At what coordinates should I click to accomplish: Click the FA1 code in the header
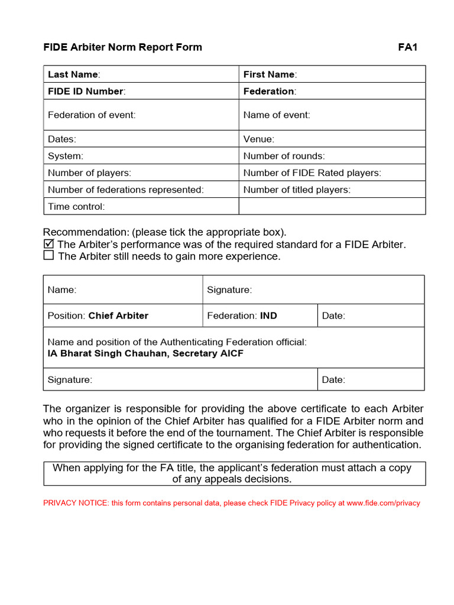pos(408,47)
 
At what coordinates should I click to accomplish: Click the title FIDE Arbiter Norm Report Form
pos(122,47)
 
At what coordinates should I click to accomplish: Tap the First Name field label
pos(270,74)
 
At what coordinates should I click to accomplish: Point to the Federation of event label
pos(92,115)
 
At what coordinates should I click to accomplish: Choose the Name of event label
pos(276,115)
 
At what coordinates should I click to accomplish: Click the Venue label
pos(258,139)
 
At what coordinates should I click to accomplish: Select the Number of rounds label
pos(284,157)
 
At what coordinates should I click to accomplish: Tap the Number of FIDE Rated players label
pos(312,173)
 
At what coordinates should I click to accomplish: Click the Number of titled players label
pos(297,190)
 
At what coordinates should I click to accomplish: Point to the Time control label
pos(76,207)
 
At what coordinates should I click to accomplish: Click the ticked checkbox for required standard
pos(49,244)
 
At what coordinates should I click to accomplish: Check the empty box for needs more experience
pos(48,256)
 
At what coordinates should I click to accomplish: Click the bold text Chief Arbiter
pos(118,315)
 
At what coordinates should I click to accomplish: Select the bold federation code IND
pos(268,315)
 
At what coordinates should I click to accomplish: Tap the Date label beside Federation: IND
pos(333,316)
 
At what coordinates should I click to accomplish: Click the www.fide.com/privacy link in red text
pos(383,503)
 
